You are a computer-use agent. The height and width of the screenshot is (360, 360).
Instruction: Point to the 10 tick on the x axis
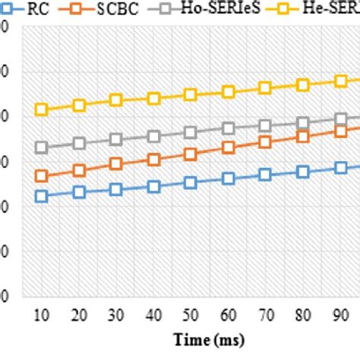pos(42,314)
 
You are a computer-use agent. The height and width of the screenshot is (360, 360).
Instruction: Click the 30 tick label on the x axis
pos(116,314)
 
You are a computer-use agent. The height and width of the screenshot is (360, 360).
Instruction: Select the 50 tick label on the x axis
pos(191,314)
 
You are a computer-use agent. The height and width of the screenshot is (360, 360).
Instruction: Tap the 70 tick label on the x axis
pos(265,314)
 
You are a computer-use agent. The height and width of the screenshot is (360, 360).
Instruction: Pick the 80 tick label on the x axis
pos(302,314)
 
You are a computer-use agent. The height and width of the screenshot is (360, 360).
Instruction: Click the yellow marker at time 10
pos(42,109)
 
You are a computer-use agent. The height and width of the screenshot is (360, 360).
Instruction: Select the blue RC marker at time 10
pos(42,196)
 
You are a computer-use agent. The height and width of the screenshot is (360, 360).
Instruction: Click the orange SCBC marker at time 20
pos(79,170)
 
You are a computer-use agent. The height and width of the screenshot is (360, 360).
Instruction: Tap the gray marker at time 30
pos(116,139)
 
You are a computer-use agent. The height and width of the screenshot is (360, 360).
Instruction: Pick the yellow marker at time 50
pos(191,94)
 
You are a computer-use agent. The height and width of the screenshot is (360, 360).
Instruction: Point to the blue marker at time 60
pos(228,178)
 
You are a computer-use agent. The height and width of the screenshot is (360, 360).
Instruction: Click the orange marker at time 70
pos(265,142)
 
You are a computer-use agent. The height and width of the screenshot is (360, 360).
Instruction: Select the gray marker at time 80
pos(302,122)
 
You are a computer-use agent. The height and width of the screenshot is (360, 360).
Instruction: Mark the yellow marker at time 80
pos(302,85)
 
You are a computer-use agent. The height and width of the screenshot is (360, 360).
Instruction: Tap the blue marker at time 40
pos(153,186)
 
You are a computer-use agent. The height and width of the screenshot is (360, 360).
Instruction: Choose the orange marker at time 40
pos(153,159)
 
